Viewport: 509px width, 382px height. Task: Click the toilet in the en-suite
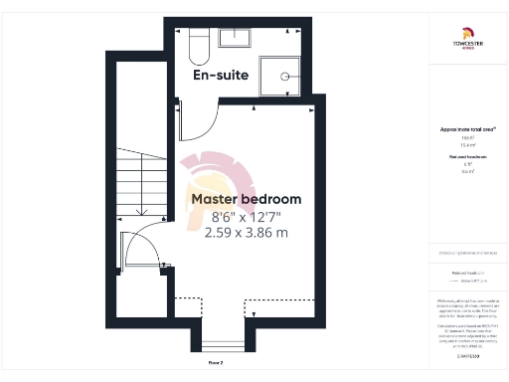click(195, 43)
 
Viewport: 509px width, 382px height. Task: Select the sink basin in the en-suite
click(237, 38)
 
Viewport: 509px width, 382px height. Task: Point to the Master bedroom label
click(246, 199)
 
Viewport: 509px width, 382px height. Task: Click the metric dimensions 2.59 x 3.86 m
click(246, 233)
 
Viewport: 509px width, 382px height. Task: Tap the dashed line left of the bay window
click(187, 300)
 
